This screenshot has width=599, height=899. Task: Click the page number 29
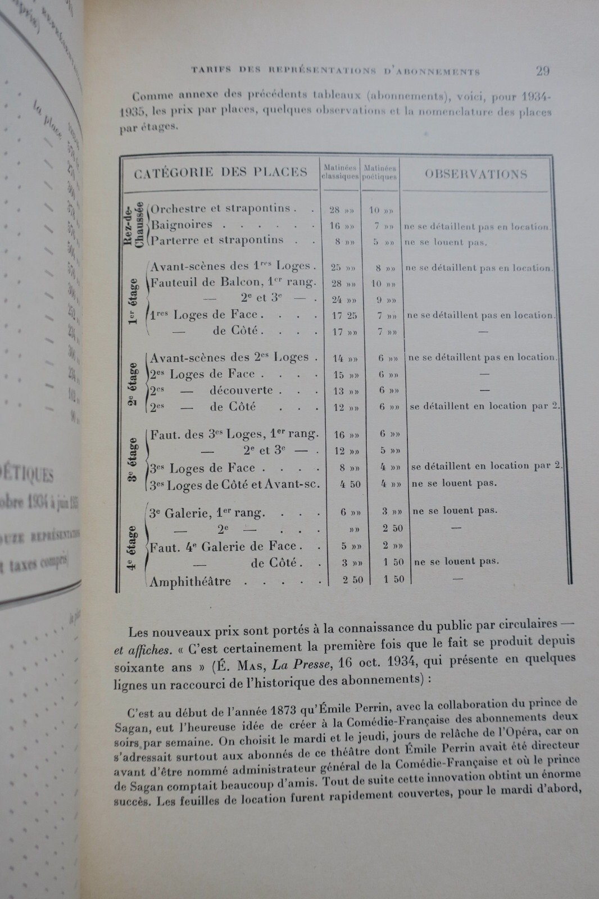(x=542, y=71)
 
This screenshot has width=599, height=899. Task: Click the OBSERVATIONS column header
(x=475, y=174)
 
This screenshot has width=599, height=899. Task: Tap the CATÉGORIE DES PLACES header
(x=220, y=172)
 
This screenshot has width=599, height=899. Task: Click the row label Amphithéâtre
(x=190, y=581)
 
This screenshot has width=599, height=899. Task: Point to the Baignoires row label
(x=182, y=225)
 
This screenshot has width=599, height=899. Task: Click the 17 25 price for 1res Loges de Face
(x=344, y=316)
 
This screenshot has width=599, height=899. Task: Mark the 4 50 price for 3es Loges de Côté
(x=350, y=484)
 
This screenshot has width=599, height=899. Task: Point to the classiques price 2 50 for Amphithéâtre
(x=353, y=580)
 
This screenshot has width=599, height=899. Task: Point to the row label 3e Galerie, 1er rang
(x=206, y=512)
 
